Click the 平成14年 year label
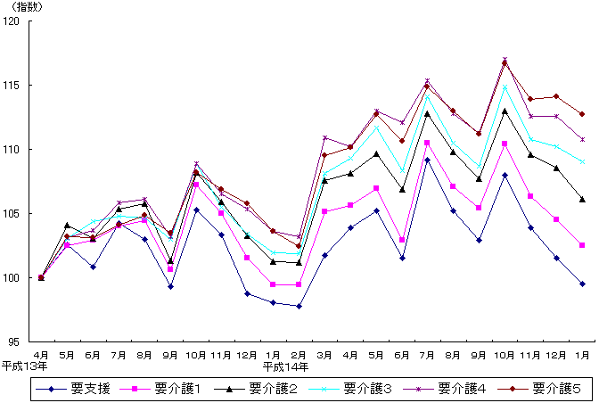click(x=283, y=366)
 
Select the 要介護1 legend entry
click(x=173, y=389)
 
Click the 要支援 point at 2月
click(x=299, y=306)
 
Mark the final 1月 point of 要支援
click(x=582, y=284)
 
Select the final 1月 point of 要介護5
click(x=582, y=114)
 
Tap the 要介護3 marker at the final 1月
click(x=582, y=161)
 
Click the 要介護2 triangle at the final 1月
click(x=582, y=199)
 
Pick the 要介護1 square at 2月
click(x=299, y=284)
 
